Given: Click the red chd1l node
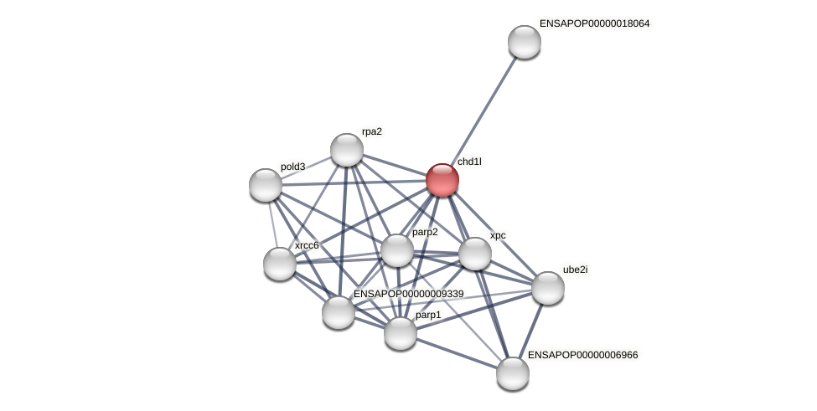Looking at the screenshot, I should (442, 180).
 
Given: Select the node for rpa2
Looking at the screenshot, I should (346, 150).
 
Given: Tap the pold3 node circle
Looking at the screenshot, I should (266, 185).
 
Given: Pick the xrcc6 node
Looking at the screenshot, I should (280, 264).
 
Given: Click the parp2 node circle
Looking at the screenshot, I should (397, 250).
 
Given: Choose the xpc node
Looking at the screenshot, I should (474, 254).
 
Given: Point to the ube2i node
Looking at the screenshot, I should (548, 288).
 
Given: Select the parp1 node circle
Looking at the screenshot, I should (401, 333).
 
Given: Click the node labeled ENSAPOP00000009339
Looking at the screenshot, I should (339, 312).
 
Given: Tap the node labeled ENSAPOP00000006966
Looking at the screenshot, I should (513, 373).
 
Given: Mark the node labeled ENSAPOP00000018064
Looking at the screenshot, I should (525, 42).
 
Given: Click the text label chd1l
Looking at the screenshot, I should (469, 162).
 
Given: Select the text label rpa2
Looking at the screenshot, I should (372, 131).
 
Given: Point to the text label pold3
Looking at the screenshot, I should (292, 167).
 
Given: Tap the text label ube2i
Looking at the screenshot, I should (575, 270).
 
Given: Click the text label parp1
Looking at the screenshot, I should (428, 315).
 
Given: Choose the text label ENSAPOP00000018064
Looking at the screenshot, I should (594, 23).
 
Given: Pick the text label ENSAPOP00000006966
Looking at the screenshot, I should (582, 355).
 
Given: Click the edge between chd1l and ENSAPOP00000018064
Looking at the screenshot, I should (483, 110).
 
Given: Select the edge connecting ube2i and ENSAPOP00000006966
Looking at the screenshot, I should (530, 331).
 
